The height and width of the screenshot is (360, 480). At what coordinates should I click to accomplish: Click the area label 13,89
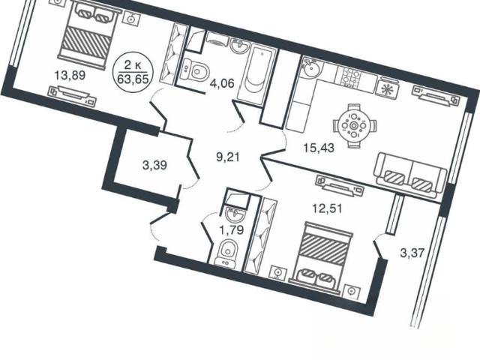[70, 75]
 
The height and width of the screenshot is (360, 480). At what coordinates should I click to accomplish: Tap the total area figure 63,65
[133, 79]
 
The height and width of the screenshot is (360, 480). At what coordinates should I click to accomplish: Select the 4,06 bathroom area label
[222, 83]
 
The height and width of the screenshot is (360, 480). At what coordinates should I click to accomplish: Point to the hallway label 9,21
[228, 157]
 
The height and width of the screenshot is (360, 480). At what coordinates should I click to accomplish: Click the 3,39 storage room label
[154, 165]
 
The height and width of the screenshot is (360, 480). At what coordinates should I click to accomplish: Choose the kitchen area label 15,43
[319, 148]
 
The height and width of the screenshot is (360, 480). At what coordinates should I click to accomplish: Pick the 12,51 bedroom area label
[327, 208]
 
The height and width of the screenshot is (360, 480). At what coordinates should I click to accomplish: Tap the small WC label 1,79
[232, 229]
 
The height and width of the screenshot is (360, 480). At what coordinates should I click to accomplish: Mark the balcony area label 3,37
[412, 253]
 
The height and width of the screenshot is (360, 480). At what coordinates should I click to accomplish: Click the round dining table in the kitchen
[355, 125]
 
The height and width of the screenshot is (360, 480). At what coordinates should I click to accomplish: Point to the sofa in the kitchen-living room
[410, 175]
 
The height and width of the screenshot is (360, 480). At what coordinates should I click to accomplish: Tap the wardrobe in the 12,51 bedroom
[260, 236]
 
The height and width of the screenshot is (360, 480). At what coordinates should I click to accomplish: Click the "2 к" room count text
[133, 65]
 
